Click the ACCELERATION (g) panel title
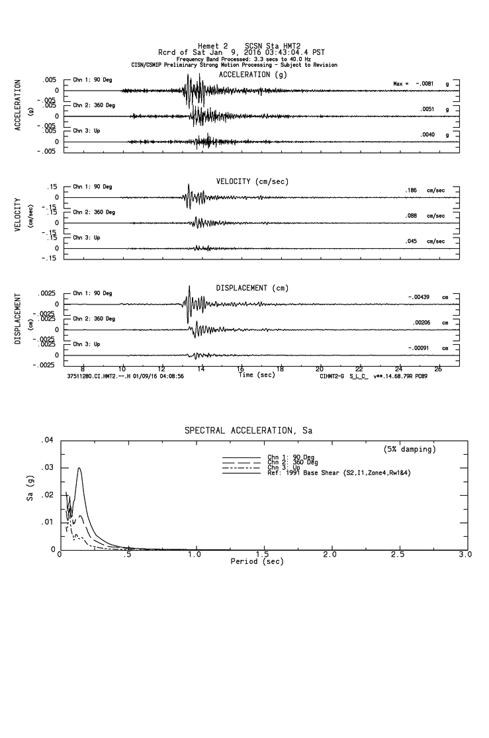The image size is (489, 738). pos(253,75)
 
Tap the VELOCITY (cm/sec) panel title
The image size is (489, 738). pos(252,181)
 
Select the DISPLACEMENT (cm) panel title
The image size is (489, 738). pos(252,289)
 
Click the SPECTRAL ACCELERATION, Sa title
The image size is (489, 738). pos(248,431)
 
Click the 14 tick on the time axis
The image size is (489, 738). pos(201,369)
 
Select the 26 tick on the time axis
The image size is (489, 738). pos(438,369)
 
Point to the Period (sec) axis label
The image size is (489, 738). pos(257,561)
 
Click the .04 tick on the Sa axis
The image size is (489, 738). pos(47,440)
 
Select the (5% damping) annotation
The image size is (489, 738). pos(410,449)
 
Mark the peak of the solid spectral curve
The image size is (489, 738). pos(79,468)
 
